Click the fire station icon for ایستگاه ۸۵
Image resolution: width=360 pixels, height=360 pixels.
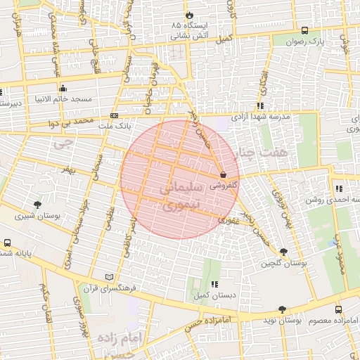(188, 15)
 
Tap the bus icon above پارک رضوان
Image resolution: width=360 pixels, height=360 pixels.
(304, 30)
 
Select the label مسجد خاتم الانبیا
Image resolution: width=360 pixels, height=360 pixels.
(64, 99)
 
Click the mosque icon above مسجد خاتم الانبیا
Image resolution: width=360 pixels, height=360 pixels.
(63, 88)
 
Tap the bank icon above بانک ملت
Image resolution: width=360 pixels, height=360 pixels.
(114, 115)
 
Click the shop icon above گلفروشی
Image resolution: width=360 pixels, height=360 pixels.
(223, 174)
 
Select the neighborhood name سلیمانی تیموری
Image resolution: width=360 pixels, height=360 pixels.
(181, 197)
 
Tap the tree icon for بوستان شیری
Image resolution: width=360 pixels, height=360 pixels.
(37, 205)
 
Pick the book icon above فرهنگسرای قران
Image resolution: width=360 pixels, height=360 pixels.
(108, 277)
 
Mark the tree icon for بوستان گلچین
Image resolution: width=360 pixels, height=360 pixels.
(283, 252)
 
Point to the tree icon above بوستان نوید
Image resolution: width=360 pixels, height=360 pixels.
(282, 309)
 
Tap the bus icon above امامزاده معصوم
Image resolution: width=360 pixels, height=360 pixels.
(338, 309)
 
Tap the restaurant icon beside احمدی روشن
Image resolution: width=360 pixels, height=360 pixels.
(340, 188)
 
